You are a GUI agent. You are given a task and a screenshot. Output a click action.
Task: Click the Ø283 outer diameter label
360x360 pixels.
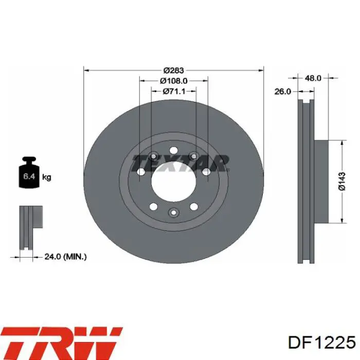pyautogui.click(x=174, y=70)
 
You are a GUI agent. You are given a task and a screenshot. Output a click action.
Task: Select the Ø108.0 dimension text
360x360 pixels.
pyautogui.click(x=174, y=81)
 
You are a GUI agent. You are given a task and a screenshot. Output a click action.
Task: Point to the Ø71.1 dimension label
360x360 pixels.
pyautogui.click(x=174, y=92)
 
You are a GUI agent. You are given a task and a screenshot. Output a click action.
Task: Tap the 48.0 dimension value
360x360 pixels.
pyautogui.click(x=313, y=78)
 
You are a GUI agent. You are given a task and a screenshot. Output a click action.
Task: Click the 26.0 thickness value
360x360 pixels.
pyautogui.click(x=283, y=92)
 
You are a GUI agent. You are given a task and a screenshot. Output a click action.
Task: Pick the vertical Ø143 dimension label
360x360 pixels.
pyautogui.click(x=342, y=182)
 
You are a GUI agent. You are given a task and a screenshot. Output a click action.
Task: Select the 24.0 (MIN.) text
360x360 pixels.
pyautogui.click(x=65, y=257)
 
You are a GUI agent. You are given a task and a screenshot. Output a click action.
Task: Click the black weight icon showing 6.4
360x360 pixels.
pyautogui.click(x=29, y=172)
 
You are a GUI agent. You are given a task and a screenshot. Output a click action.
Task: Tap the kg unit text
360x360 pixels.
pyautogui.click(x=47, y=177)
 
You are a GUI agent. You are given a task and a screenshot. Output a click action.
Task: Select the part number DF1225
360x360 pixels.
pyautogui.click(x=321, y=343)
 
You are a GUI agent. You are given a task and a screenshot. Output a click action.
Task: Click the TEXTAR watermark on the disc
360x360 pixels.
pyautogui.click(x=181, y=163)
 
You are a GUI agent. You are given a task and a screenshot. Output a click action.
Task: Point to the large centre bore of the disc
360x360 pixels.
pyautogui.click(x=174, y=181)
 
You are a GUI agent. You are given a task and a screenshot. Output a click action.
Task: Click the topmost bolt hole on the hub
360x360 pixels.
pyautogui.click(x=174, y=151)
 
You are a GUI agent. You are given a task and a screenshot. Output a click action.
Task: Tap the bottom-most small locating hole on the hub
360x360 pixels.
pyautogui.click(x=174, y=212)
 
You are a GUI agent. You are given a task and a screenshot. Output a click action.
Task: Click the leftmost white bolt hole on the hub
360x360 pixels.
pyautogui.click(x=140, y=171)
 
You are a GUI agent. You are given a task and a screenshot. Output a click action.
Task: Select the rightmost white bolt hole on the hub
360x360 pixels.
pyautogui.click(x=206, y=171)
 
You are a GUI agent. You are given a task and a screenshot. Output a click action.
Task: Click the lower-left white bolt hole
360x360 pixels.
pyautogui.click(x=153, y=207)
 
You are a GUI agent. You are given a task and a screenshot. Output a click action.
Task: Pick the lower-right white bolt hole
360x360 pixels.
pyautogui.click(x=194, y=207)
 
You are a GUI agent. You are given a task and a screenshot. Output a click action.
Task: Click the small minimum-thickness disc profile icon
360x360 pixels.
pyautogui.click(x=30, y=228)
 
